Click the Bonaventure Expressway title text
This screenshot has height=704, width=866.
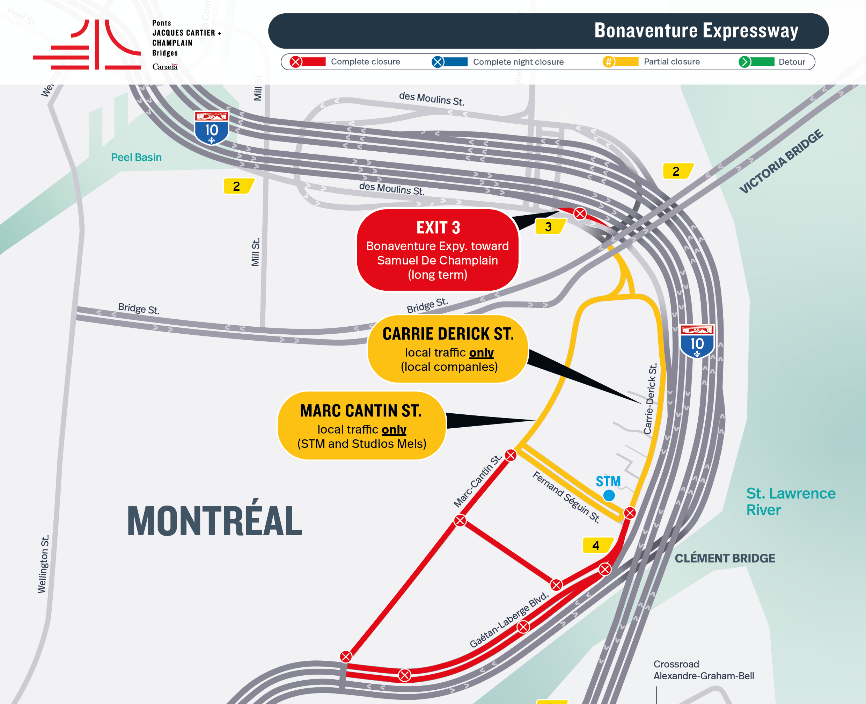(696, 30)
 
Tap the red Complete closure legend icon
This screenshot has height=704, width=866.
(296, 61)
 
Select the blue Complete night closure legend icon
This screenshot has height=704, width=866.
(438, 61)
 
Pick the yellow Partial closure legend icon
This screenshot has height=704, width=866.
(608, 61)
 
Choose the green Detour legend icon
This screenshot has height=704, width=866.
(744, 61)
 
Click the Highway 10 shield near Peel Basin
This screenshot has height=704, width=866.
(211, 128)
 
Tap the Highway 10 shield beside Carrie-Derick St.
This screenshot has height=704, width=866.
(697, 341)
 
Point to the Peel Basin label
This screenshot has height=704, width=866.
(136, 157)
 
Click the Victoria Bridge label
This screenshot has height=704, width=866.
(781, 161)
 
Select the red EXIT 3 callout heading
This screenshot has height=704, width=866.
(438, 227)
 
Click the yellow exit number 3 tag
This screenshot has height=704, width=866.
(549, 227)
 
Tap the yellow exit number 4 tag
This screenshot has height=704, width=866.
(596, 545)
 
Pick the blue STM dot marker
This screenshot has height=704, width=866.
(609, 495)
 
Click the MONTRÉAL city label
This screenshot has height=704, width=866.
(214, 521)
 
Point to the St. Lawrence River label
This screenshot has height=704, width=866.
(790, 501)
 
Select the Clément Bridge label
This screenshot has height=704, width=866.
(725, 558)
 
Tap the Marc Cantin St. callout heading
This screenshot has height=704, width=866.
(361, 411)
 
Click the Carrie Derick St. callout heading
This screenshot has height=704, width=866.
(448, 334)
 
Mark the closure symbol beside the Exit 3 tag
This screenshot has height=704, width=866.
(580, 213)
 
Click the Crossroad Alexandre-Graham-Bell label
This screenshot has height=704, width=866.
(704, 670)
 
